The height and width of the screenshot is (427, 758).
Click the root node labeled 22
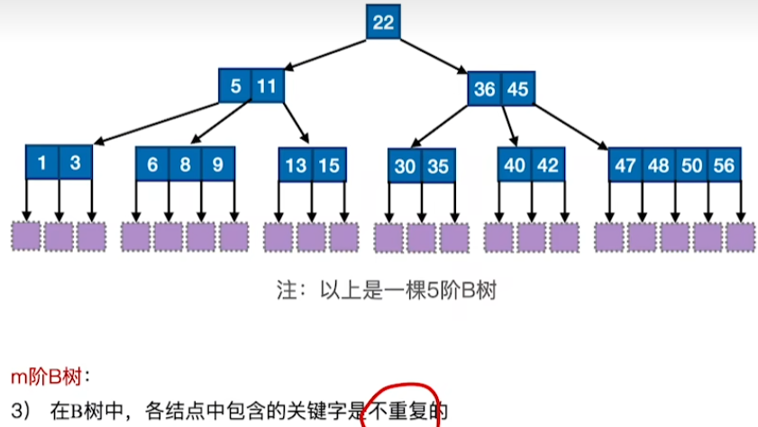[383, 23]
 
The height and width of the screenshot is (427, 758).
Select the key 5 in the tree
[235, 88]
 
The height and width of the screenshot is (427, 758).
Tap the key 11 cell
[266, 88]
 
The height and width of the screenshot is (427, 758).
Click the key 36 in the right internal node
[485, 89]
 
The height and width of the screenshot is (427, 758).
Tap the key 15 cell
[328, 165]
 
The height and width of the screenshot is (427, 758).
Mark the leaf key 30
[405, 166]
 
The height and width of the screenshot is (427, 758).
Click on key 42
[547, 165]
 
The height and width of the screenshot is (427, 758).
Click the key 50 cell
[690, 166]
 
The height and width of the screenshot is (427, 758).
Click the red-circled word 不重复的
[405, 411]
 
